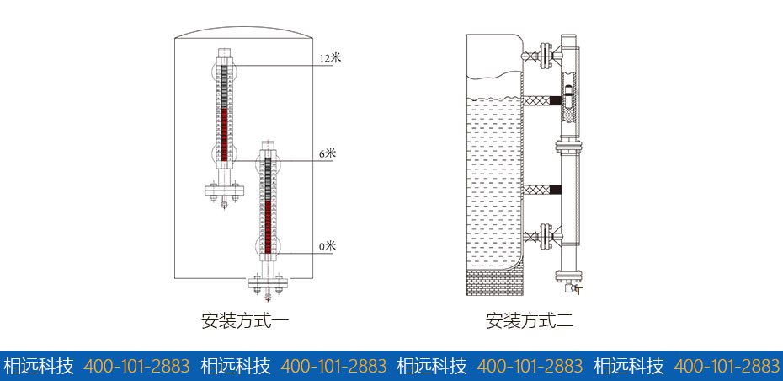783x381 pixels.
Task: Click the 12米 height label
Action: click(x=330, y=58)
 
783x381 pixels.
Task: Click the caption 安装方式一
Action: click(x=246, y=320)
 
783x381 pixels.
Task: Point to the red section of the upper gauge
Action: click(x=224, y=131)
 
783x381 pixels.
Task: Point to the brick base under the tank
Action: click(x=497, y=283)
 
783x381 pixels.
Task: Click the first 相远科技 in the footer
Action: click(x=39, y=366)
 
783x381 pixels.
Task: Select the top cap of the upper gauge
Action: click(x=224, y=52)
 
